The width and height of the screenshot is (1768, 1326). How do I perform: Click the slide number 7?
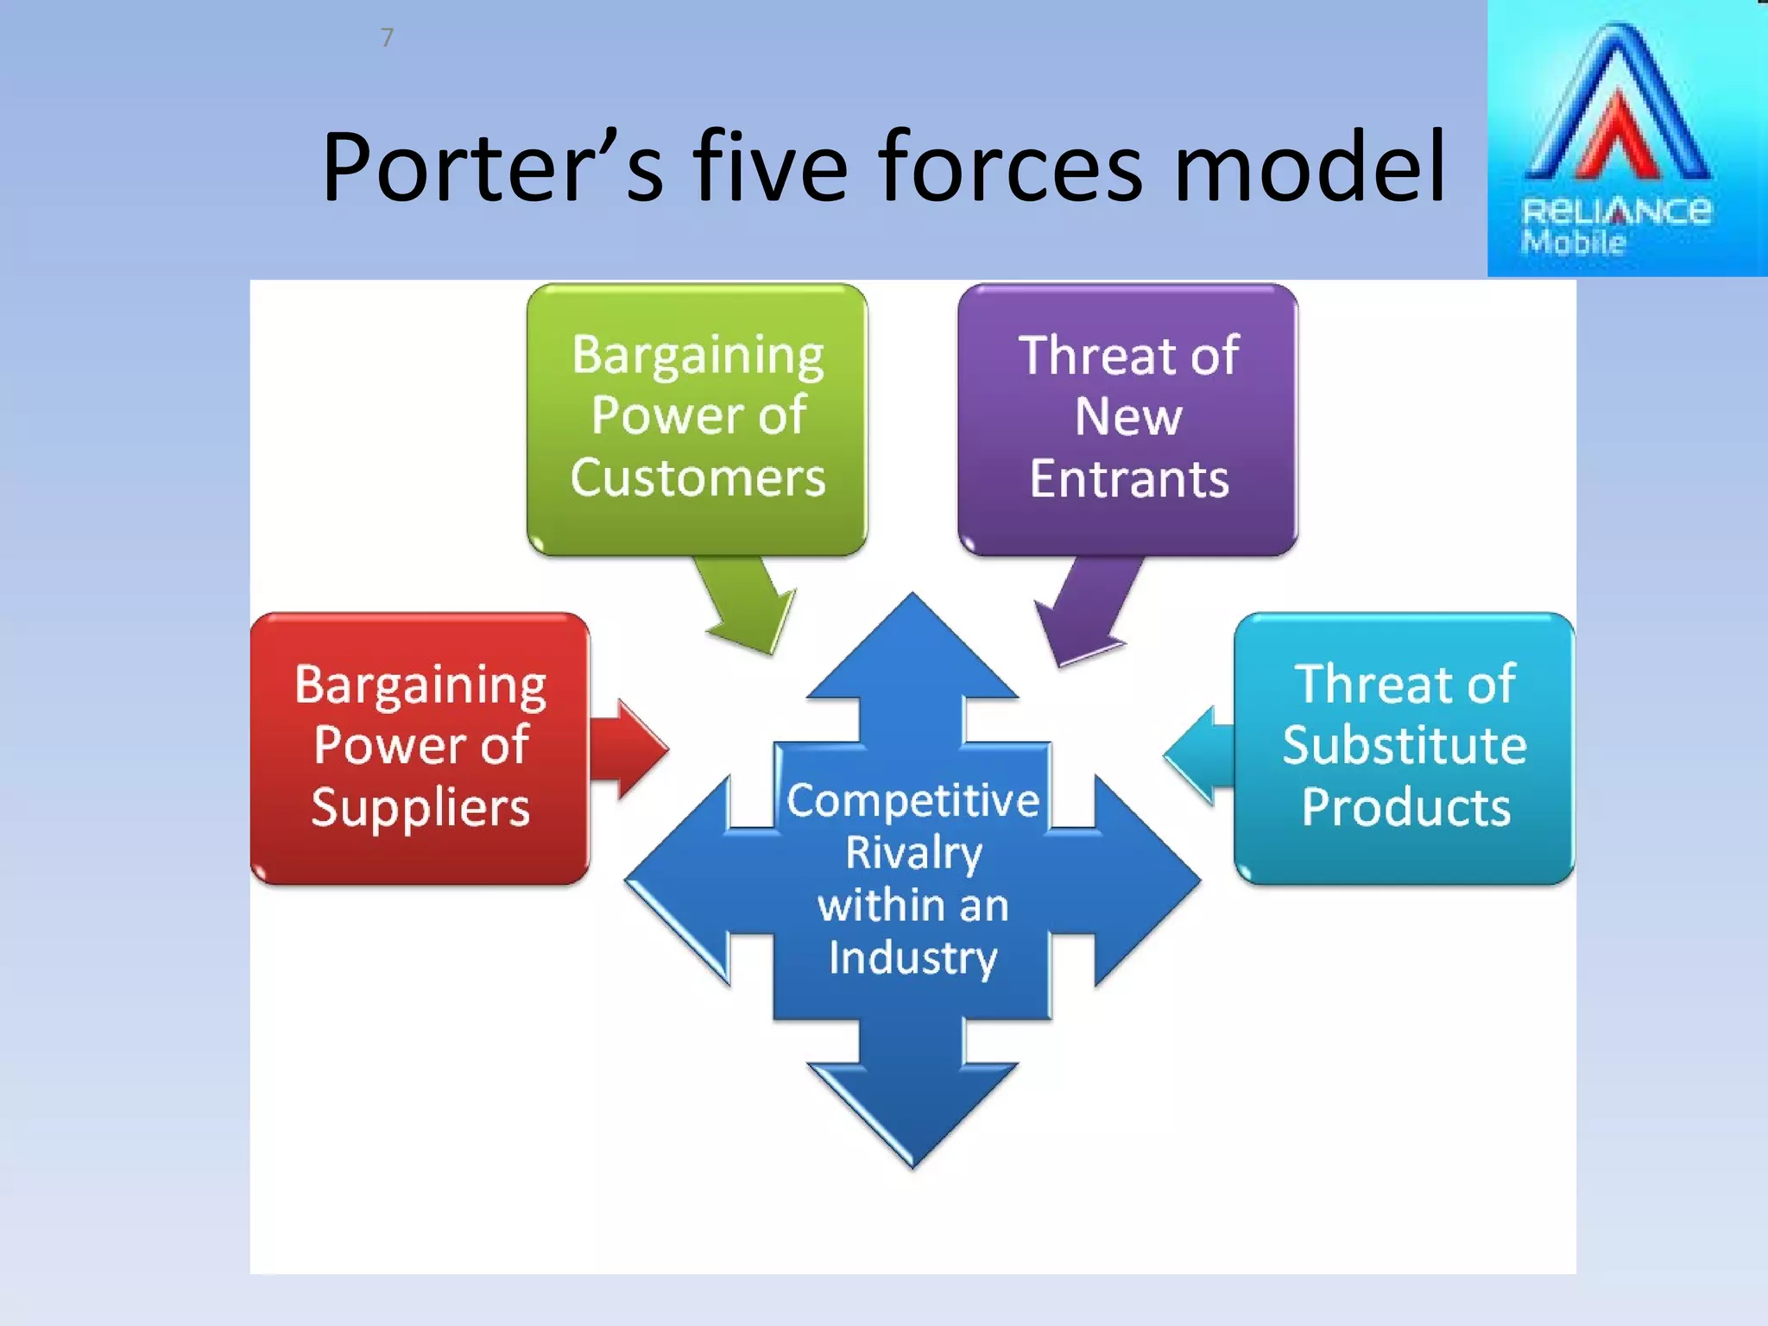pos(387,38)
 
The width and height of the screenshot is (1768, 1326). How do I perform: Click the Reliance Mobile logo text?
pos(1614,223)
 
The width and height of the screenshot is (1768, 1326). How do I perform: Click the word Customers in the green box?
pos(698,477)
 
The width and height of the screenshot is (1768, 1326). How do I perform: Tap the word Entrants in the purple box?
pos(1128,479)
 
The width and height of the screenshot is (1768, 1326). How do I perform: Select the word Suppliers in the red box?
pos(420,808)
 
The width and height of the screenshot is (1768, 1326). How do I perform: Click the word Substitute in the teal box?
pos(1405,745)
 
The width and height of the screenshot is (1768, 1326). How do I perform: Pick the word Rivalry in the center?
pos(913,853)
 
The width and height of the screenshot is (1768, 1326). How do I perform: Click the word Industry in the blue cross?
pos(913,958)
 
